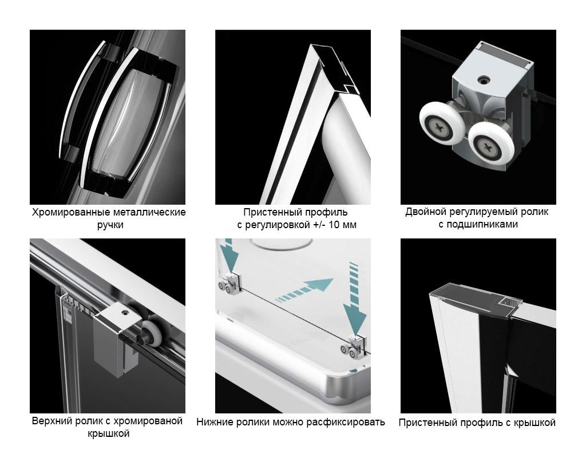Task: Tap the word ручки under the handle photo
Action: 110,225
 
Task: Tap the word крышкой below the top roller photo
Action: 109,434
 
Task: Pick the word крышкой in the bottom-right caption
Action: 534,423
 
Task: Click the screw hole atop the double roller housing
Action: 484,79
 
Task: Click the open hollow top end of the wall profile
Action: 334,70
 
